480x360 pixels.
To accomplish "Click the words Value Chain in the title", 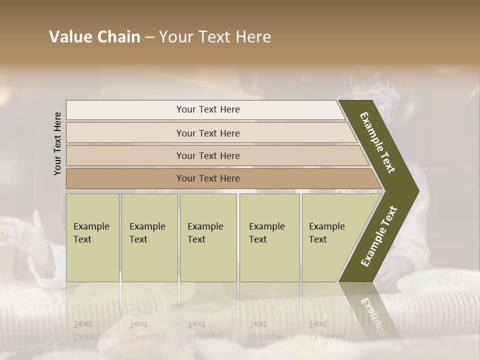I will [x=94, y=37].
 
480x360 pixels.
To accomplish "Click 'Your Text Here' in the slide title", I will [x=215, y=37].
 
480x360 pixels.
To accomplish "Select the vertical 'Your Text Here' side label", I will [x=58, y=143].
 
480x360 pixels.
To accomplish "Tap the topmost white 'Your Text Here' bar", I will [x=207, y=109].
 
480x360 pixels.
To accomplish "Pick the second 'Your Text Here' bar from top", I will [x=207, y=133].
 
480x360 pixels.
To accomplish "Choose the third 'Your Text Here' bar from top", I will [x=207, y=155].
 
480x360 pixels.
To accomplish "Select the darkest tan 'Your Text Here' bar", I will [x=207, y=178].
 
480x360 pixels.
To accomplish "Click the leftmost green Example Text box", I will [x=92, y=237].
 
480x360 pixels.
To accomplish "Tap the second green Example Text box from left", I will [x=149, y=237].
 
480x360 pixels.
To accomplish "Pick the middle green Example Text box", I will [x=208, y=237].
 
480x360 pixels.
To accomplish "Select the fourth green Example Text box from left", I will [x=269, y=237].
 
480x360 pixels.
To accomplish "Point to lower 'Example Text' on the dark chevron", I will [x=379, y=236].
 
